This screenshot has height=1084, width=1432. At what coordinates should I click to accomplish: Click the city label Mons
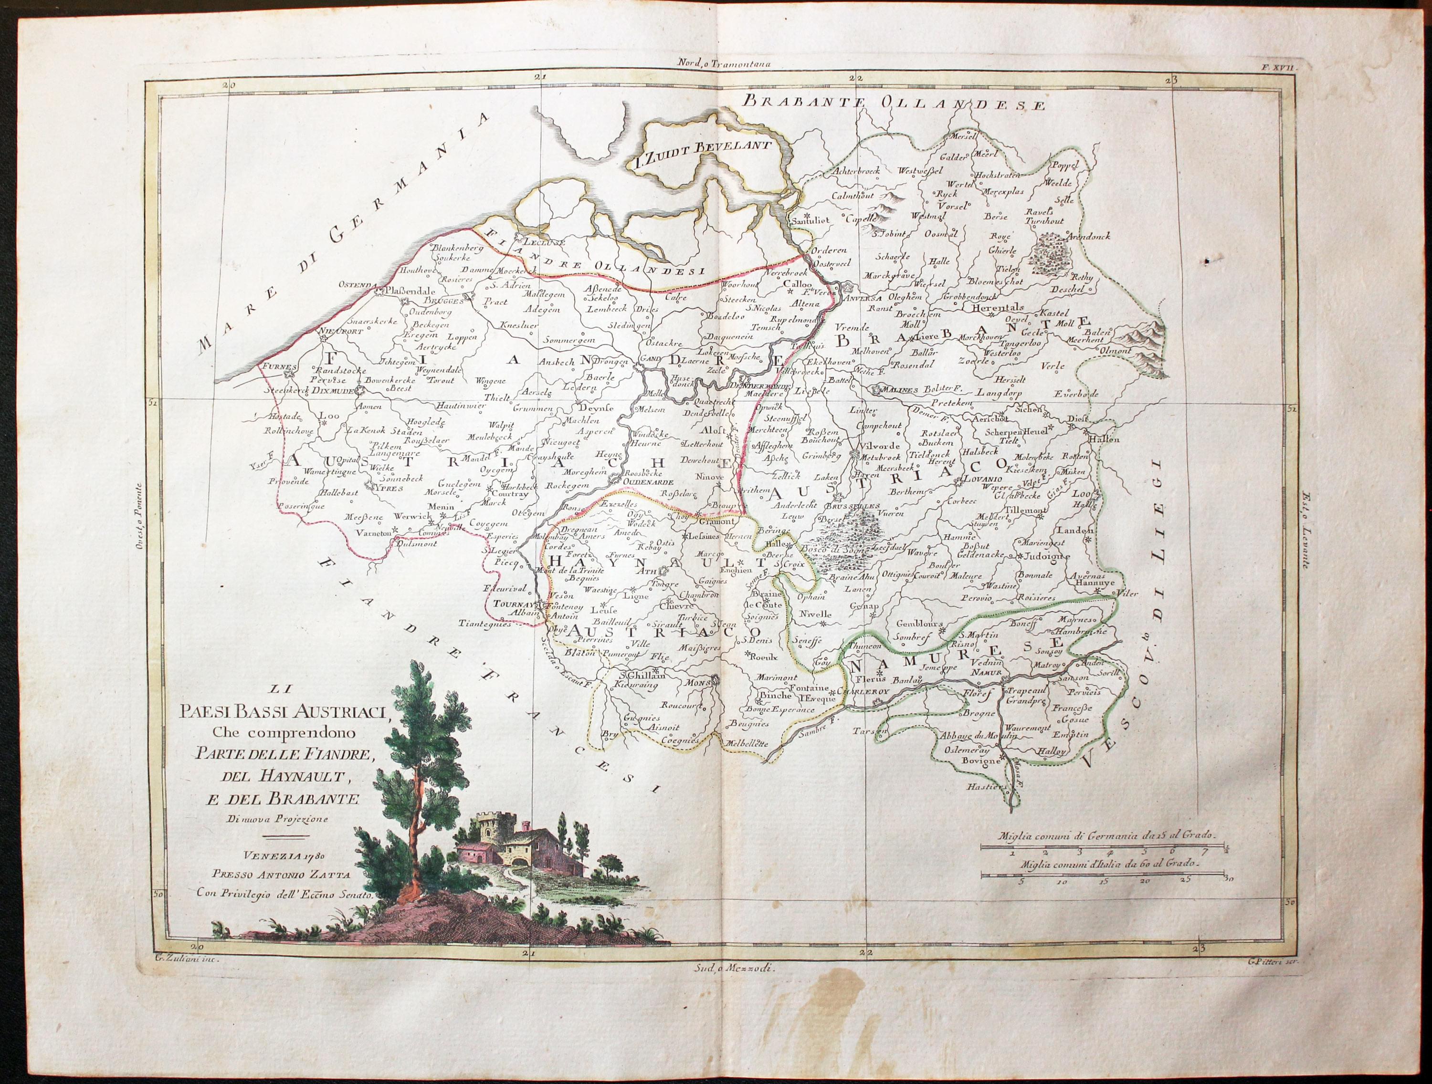click(698, 681)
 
